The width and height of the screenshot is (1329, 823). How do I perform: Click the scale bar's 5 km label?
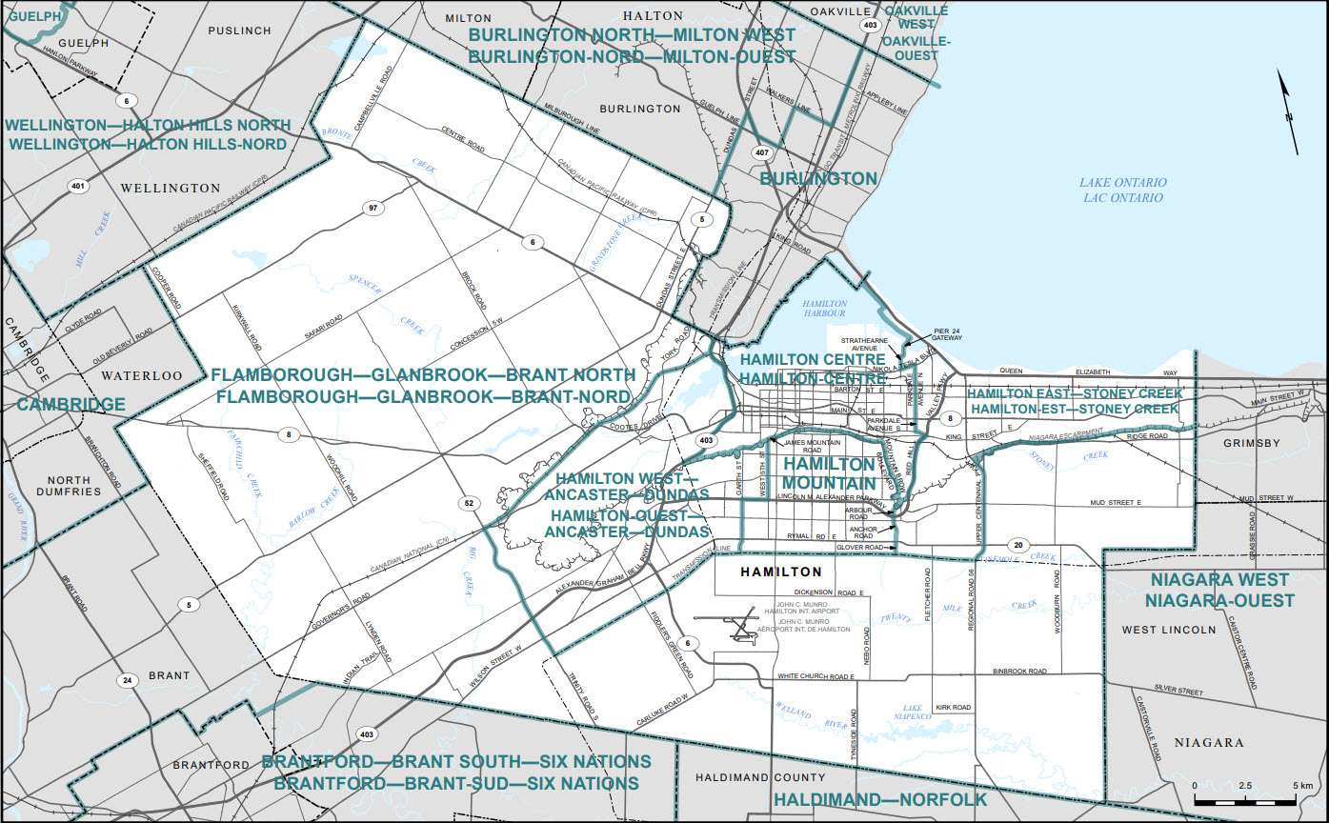(x=1301, y=785)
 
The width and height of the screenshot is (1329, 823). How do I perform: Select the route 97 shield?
(x=373, y=208)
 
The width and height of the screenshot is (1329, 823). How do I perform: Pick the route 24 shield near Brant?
(x=126, y=680)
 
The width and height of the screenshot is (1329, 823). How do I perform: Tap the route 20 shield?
(x=1018, y=546)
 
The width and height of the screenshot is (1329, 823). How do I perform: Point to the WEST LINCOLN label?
(x=1169, y=630)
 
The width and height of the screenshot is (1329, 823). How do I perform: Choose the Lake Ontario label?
(x=1124, y=190)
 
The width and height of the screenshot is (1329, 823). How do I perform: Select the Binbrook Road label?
(x=1019, y=672)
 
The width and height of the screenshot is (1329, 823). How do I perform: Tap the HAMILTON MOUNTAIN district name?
(x=828, y=472)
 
